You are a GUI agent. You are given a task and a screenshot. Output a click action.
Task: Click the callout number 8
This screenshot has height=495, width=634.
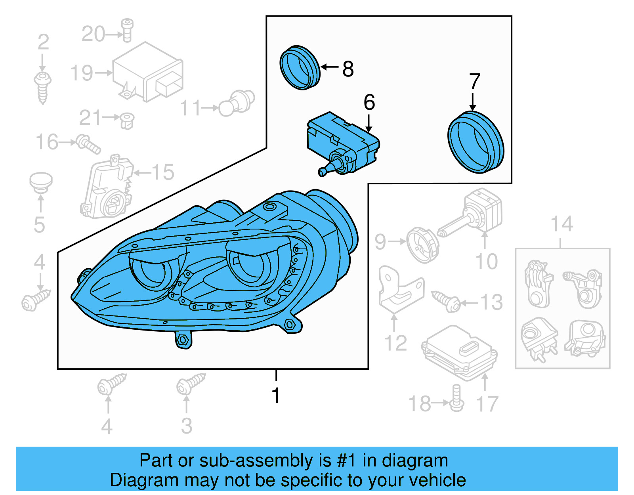[x=348, y=69]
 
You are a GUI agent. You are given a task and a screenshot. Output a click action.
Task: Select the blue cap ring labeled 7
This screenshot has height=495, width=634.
[x=475, y=142]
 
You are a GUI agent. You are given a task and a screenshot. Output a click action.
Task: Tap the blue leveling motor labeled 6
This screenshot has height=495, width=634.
[x=343, y=143]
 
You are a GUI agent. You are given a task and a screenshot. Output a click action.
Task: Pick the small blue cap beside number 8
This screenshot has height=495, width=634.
[x=300, y=68]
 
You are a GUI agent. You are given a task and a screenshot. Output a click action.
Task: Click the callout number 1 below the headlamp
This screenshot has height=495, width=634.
[x=276, y=395]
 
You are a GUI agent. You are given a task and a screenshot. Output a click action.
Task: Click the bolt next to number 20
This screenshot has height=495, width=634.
[x=127, y=30]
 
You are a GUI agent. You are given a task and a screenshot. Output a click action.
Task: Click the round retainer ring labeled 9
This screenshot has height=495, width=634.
[x=423, y=245]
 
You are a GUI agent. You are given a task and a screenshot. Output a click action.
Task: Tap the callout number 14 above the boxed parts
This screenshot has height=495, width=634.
[x=561, y=224]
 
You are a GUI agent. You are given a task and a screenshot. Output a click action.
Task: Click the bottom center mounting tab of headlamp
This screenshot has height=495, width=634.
[x=183, y=340]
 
